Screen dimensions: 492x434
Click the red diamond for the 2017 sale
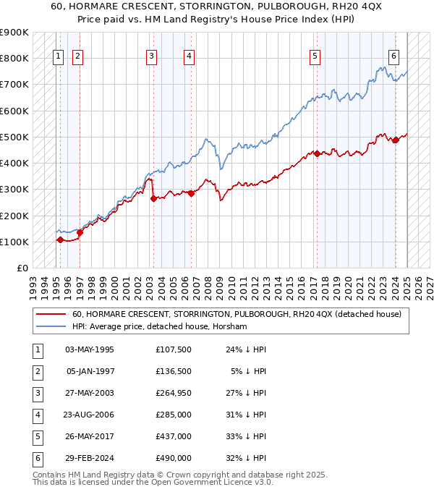click(317, 153)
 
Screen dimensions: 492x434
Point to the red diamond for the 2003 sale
click(153, 198)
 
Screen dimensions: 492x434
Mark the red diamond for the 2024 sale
click(396, 140)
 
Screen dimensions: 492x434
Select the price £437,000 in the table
click(174, 436)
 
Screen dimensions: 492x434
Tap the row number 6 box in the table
click(37, 458)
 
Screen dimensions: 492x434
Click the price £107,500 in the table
click(174, 349)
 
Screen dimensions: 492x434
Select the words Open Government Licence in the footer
click(213, 482)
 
